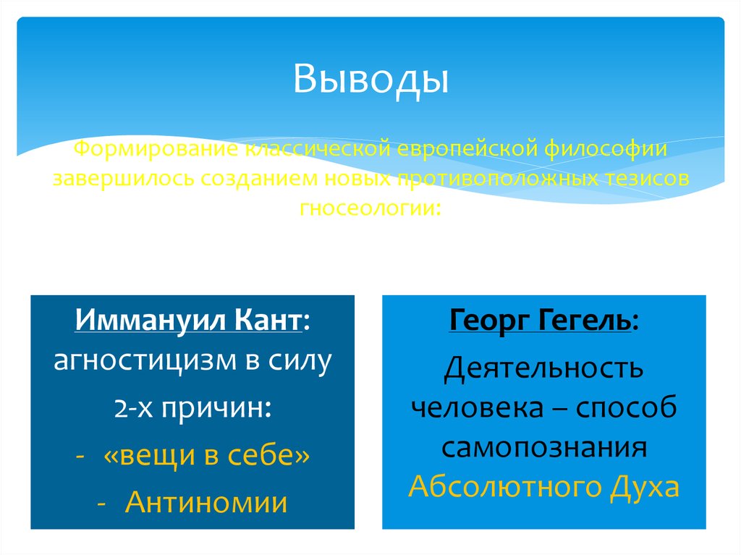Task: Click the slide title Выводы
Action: [370, 80]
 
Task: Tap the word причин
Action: [217, 410]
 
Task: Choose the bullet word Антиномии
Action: [206, 501]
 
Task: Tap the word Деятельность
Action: [543, 368]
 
